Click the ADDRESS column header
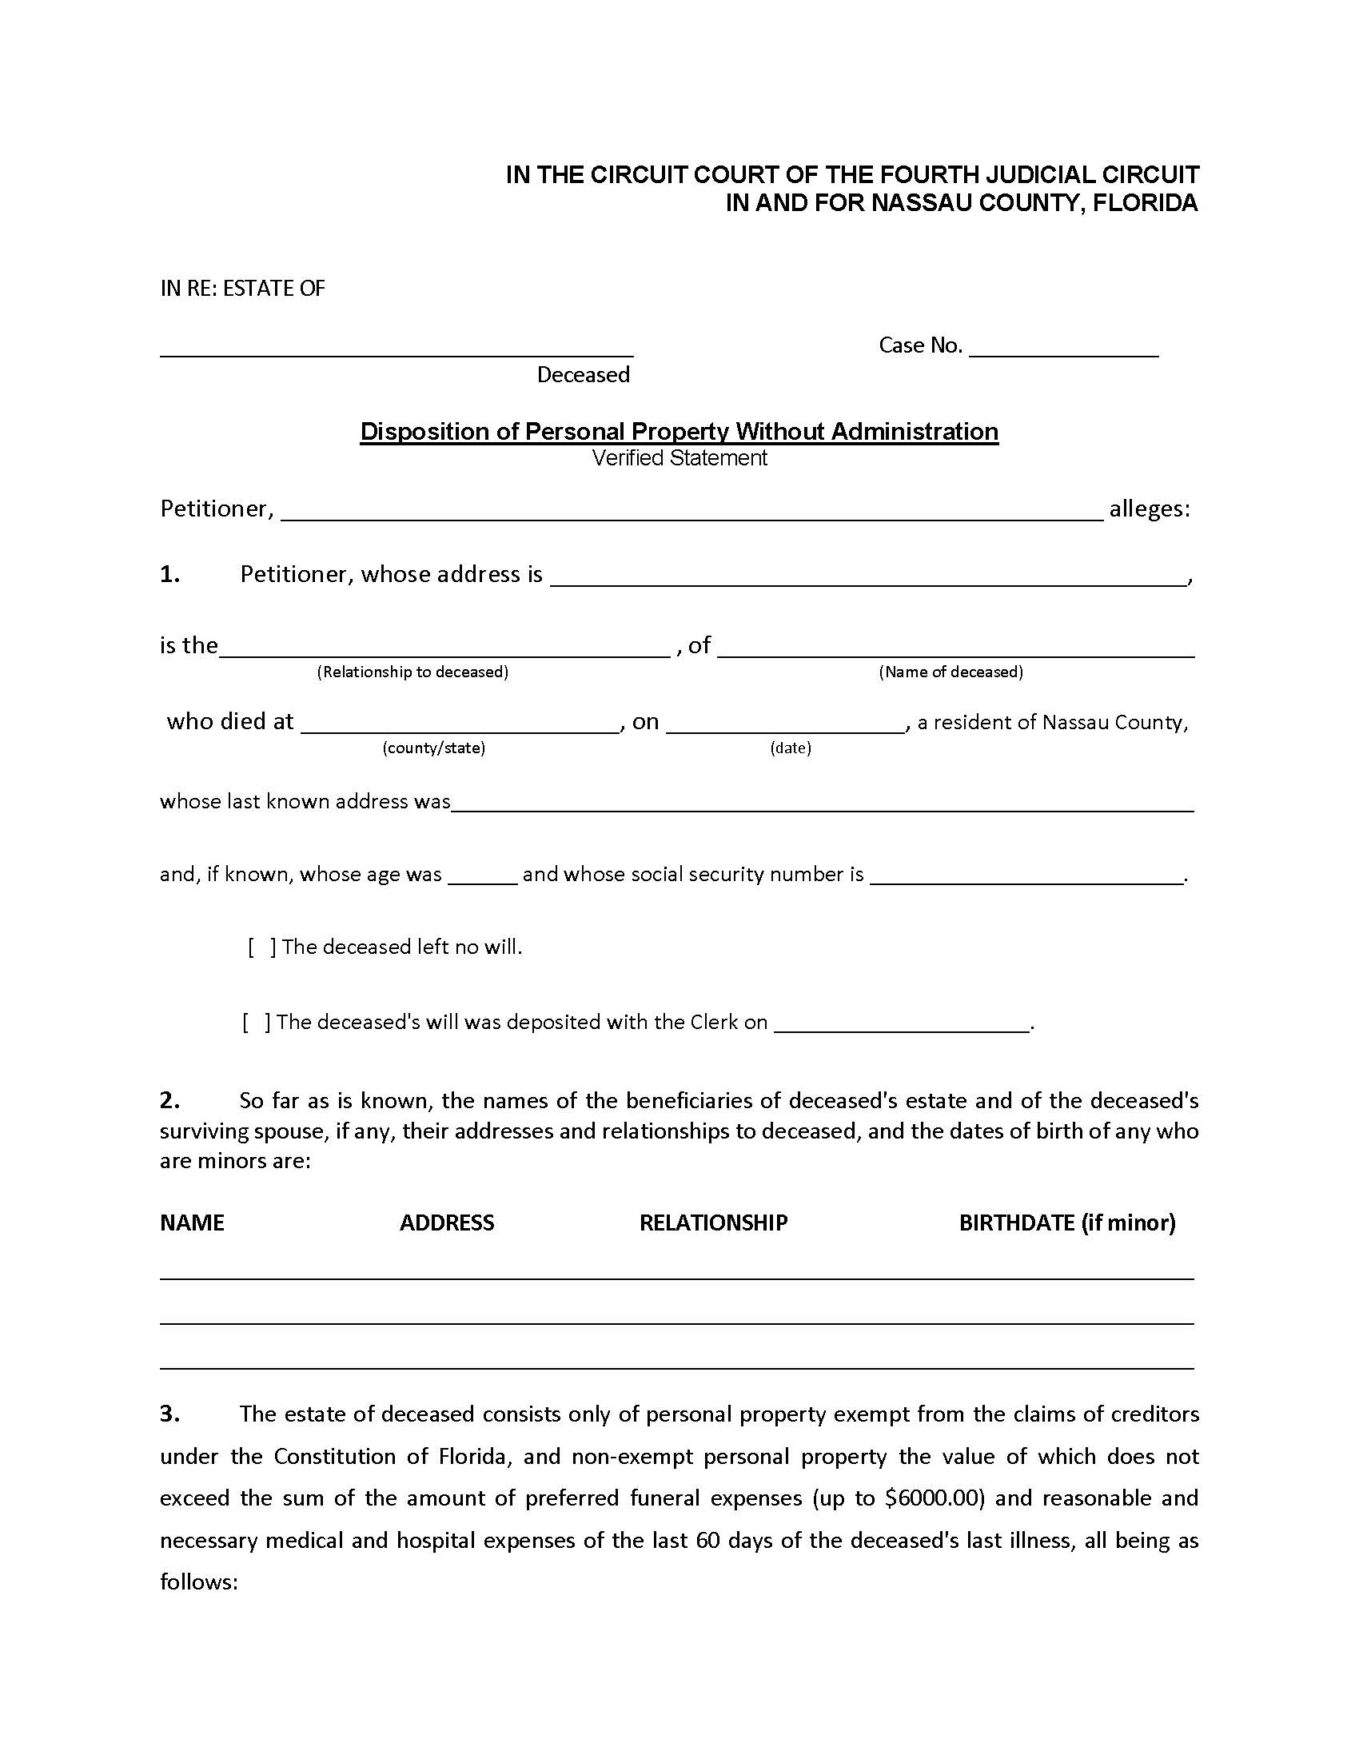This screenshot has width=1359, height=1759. coord(447,1223)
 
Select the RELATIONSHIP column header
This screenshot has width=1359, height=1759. coord(712,1223)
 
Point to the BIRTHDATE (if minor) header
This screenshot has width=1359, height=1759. coord(1066,1223)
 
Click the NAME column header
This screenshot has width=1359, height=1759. coord(192,1223)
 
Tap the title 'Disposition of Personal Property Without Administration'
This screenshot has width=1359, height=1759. coord(679,431)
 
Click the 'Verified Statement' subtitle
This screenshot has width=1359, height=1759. coord(679,457)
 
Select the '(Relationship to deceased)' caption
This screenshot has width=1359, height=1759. coord(412,672)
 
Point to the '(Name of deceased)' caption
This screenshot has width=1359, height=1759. coord(950,672)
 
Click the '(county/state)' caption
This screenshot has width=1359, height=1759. coord(433,748)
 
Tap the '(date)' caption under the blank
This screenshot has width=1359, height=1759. coord(790,748)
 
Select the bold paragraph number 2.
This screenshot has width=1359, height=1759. coord(169,1100)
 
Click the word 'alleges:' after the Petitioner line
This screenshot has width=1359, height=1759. coord(1149,509)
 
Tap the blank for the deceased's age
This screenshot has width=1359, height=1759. coord(481,876)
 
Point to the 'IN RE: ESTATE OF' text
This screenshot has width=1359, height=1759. coord(242,289)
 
